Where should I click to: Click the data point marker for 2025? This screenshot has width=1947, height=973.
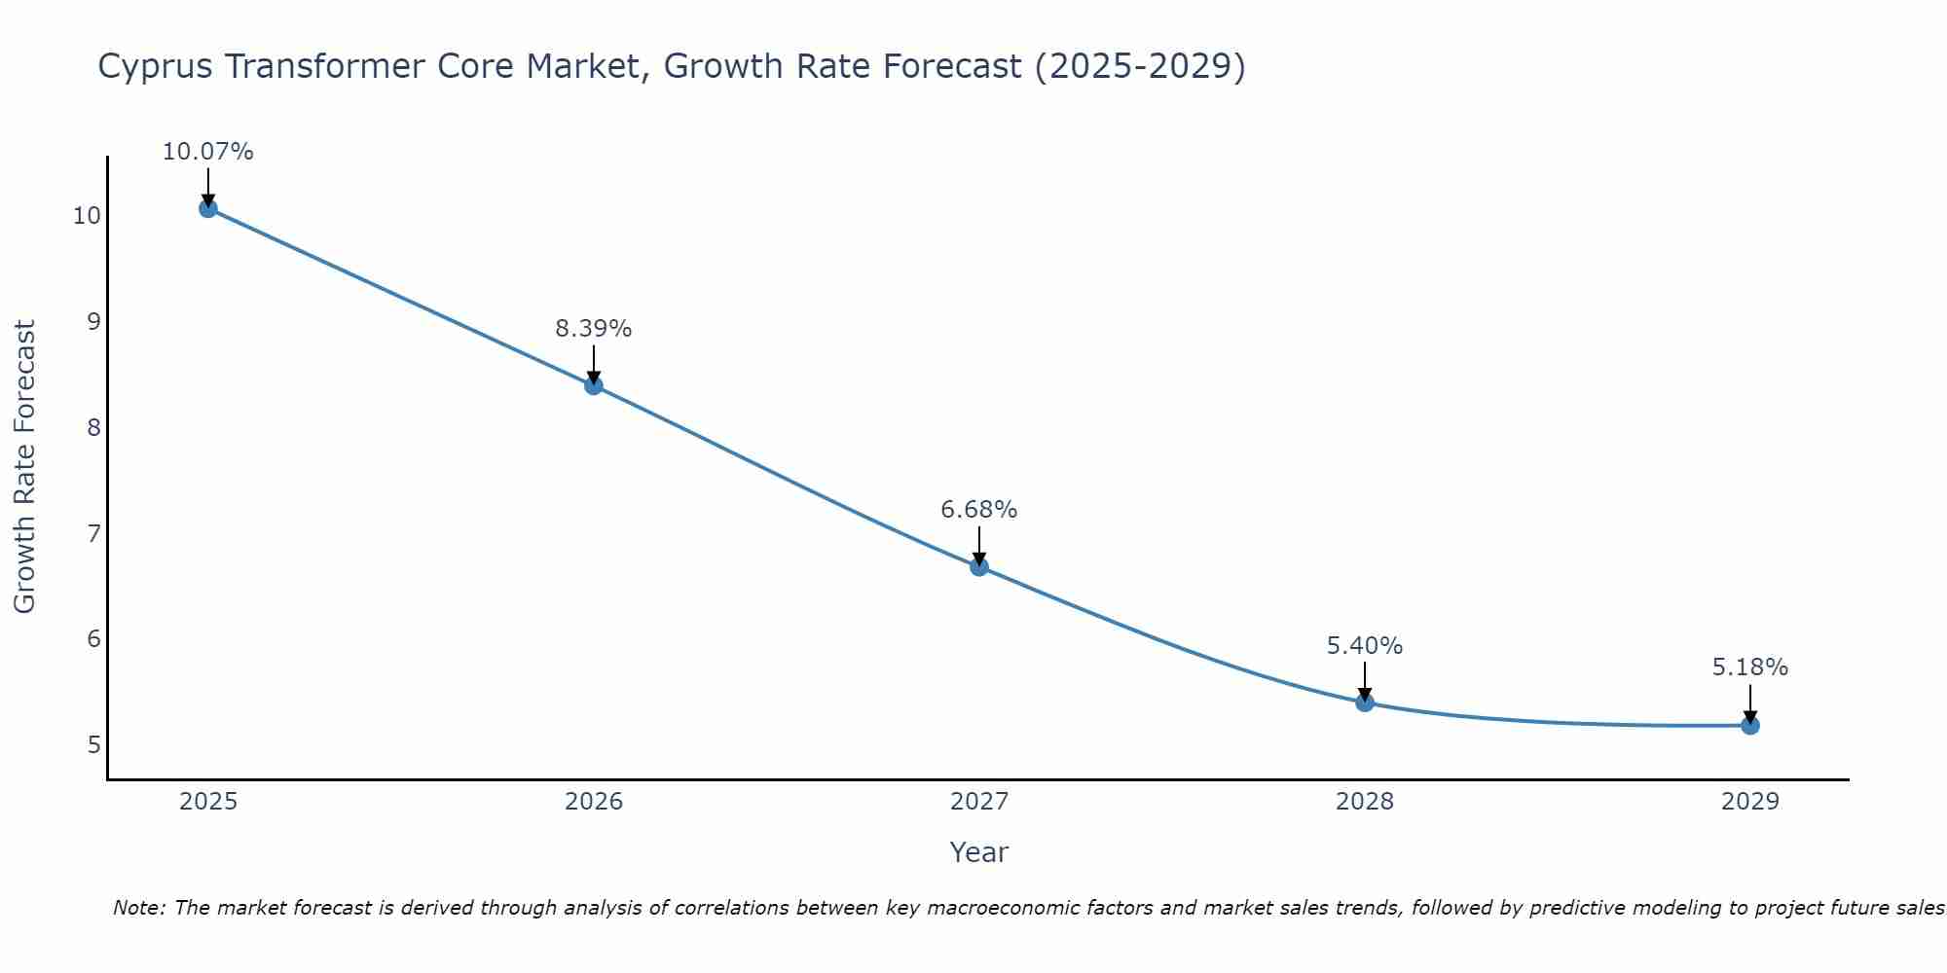207,208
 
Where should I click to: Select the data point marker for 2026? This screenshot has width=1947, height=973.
594,385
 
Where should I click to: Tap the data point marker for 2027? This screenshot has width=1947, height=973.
979,566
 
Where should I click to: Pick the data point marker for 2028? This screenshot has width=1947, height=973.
1365,702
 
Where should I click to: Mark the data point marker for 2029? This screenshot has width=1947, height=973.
1750,725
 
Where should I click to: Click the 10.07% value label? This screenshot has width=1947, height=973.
207,152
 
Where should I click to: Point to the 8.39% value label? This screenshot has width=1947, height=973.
594,329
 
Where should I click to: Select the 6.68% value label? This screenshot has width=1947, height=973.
979,510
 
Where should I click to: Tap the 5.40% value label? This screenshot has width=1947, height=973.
1365,646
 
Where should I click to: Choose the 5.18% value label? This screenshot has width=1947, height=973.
1750,667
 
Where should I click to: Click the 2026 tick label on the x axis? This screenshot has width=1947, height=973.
594,802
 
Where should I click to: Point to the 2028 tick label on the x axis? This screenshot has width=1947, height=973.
1365,802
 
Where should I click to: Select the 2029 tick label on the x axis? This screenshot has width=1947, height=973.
1750,802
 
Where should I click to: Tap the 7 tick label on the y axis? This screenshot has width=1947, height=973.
93,533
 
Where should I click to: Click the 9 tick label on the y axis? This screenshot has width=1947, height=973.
93,321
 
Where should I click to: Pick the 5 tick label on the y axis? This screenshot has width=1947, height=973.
93,745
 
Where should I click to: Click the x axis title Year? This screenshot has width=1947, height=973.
979,852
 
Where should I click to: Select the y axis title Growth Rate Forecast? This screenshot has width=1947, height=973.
24,467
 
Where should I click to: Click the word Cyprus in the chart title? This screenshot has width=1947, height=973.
156,67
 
